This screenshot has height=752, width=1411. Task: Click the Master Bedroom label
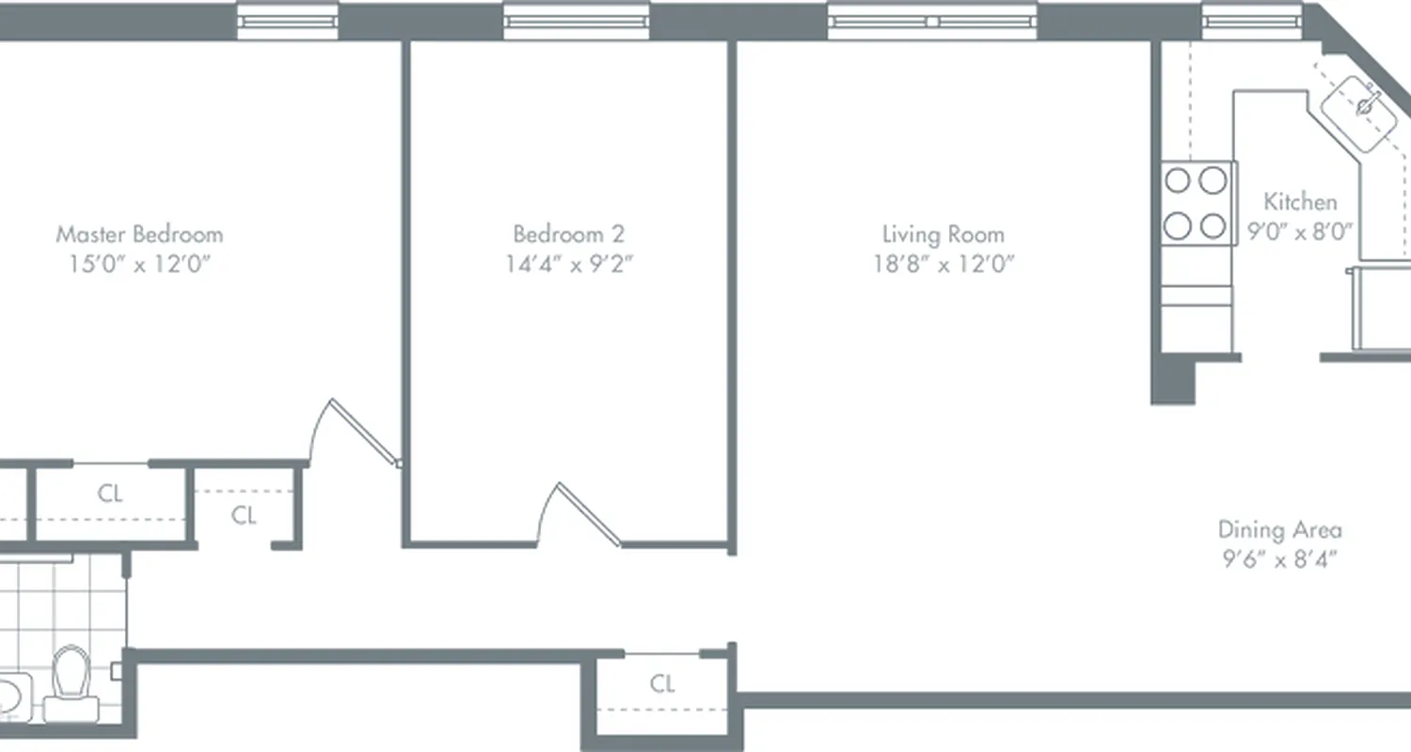pyautogui.click(x=139, y=233)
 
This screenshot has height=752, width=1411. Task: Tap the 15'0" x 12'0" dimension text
pyautogui.click(x=139, y=263)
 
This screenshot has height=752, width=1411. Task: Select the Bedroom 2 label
pyautogui.click(x=568, y=233)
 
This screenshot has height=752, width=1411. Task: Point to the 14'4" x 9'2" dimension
pyautogui.click(x=568, y=263)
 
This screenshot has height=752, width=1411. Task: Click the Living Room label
pyautogui.click(x=943, y=233)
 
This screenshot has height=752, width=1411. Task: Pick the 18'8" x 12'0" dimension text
pyautogui.click(x=943, y=263)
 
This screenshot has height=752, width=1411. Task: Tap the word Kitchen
pyautogui.click(x=1299, y=201)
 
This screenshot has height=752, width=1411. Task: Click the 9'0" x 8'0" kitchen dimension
pyautogui.click(x=1299, y=231)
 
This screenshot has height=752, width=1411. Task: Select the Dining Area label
pyautogui.click(x=1279, y=529)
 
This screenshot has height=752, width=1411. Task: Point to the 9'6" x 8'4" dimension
pyautogui.click(x=1279, y=559)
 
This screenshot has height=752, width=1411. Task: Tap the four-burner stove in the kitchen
pyautogui.click(x=1197, y=202)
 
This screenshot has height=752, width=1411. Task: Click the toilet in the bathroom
pyautogui.click(x=70, y=675)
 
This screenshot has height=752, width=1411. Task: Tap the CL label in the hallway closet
pyautogui.click(x=662, y=683)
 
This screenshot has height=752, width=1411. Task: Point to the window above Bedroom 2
pyautogui.click(x=576, y=20)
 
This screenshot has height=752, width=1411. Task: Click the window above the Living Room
pyautogui.click(x=931, y=20)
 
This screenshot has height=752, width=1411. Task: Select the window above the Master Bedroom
pyautogui.click(x=287, y=20)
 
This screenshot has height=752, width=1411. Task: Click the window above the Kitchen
pyautogui.click(x=1250, y=20)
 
